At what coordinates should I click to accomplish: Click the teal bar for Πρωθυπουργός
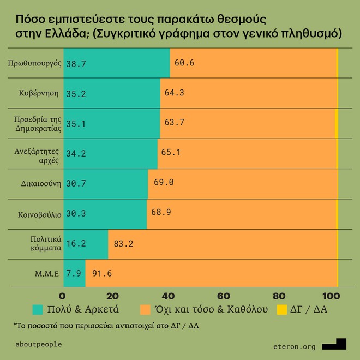pos(117,63)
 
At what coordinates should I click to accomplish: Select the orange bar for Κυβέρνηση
pos(248,93)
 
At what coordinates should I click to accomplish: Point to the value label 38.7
pos(77,63)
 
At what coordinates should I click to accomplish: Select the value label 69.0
pos(164,182)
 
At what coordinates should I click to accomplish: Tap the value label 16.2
pos(77,243)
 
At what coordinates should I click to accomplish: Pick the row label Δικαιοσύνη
pos(39,183)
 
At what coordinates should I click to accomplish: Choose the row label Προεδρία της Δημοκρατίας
pos(37,123)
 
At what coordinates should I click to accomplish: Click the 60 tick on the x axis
pos(223,296)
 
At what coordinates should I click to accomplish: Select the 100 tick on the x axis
pos(331,296)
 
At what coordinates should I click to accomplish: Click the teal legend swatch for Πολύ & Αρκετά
pos(38,310)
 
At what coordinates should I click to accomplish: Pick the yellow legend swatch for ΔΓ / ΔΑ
pos(282,310)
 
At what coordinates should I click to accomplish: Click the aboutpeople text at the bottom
pos(39,344)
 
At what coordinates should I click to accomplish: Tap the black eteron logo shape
pos(334,344)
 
